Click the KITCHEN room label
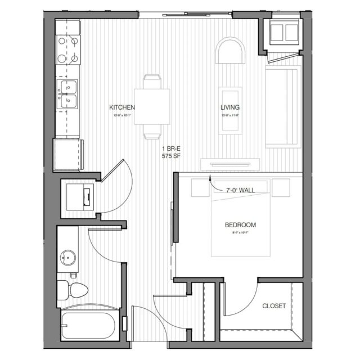122,107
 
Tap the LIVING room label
230,107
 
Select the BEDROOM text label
240,224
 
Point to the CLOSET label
274,306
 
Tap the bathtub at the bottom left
90,325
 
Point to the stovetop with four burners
68,49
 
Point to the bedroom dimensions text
240,232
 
